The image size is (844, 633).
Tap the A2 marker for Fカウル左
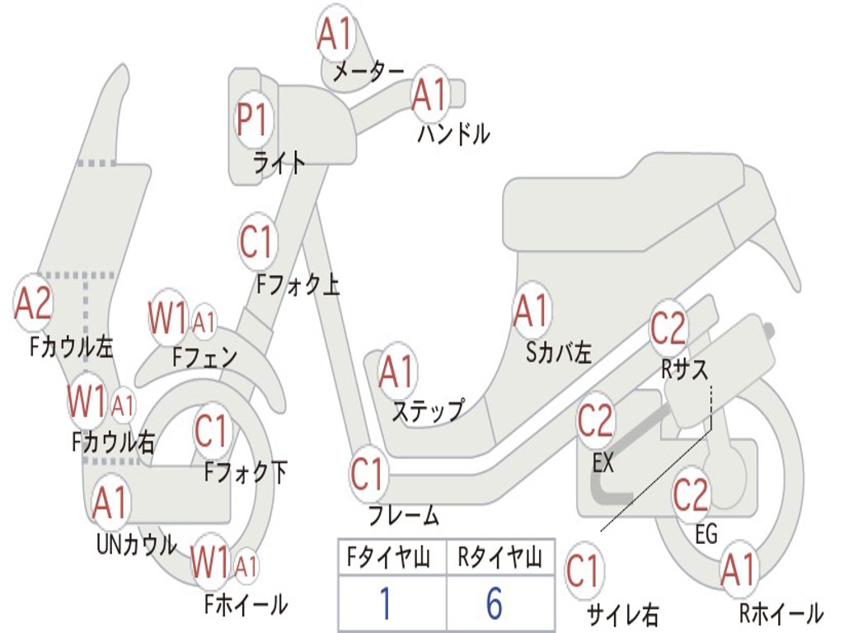click(34, 304)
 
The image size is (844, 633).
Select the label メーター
click(368, 73)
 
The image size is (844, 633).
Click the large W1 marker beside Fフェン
click(169, 317)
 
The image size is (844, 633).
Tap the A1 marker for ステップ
click(397, 373)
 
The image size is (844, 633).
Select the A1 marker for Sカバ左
click(532, 312)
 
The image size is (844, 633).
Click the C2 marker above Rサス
click(668, 329)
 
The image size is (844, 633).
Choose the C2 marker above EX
click(595, 421)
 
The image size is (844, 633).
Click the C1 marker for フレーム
click(368, 474)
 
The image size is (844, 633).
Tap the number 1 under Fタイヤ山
click(386, 603)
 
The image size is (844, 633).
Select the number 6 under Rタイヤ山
click(495, 603)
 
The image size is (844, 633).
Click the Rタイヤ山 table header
click(499, 560)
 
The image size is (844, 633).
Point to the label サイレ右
click(622, 613)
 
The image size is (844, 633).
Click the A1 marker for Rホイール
click(738, 570)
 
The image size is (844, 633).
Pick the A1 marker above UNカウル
click(111, 502)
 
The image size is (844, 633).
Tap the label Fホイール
click(246, 604)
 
